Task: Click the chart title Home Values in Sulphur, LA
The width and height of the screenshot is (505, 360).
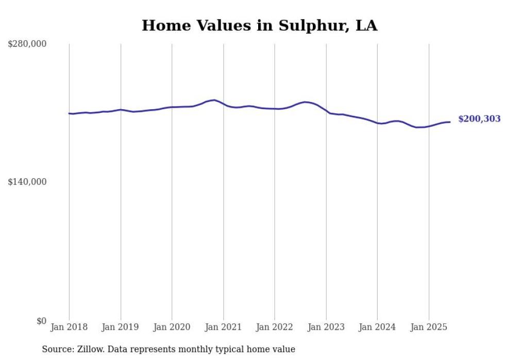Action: click(259, 25)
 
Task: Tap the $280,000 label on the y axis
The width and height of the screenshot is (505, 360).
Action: click(27, 44)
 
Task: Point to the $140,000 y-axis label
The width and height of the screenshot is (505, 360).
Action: click(27, 182)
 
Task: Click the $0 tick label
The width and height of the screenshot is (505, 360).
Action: click(41, 321)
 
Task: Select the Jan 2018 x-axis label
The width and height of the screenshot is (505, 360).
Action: click(69, 327)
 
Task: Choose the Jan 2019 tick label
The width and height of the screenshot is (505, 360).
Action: click(121, 327)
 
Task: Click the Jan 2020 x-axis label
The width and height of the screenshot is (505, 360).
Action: click(172, 327)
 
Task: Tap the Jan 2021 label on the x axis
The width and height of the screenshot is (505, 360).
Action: click(223, 327)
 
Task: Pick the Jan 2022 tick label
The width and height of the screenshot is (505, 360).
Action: click(275, 327)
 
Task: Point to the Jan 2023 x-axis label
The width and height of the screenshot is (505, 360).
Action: click(326, 327)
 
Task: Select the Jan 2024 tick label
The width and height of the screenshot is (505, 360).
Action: click(377, 327)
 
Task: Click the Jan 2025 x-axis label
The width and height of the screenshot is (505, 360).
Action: click(429, 327)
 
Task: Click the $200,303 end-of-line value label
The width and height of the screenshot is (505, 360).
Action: click(479, 119)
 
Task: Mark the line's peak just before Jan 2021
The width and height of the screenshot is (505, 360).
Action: click(214, 100)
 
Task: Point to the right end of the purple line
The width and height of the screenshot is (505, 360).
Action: click(450, 122)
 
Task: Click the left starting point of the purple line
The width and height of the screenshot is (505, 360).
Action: click(69, 113)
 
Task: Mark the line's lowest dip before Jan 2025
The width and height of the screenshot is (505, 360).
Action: click(418, 127)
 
